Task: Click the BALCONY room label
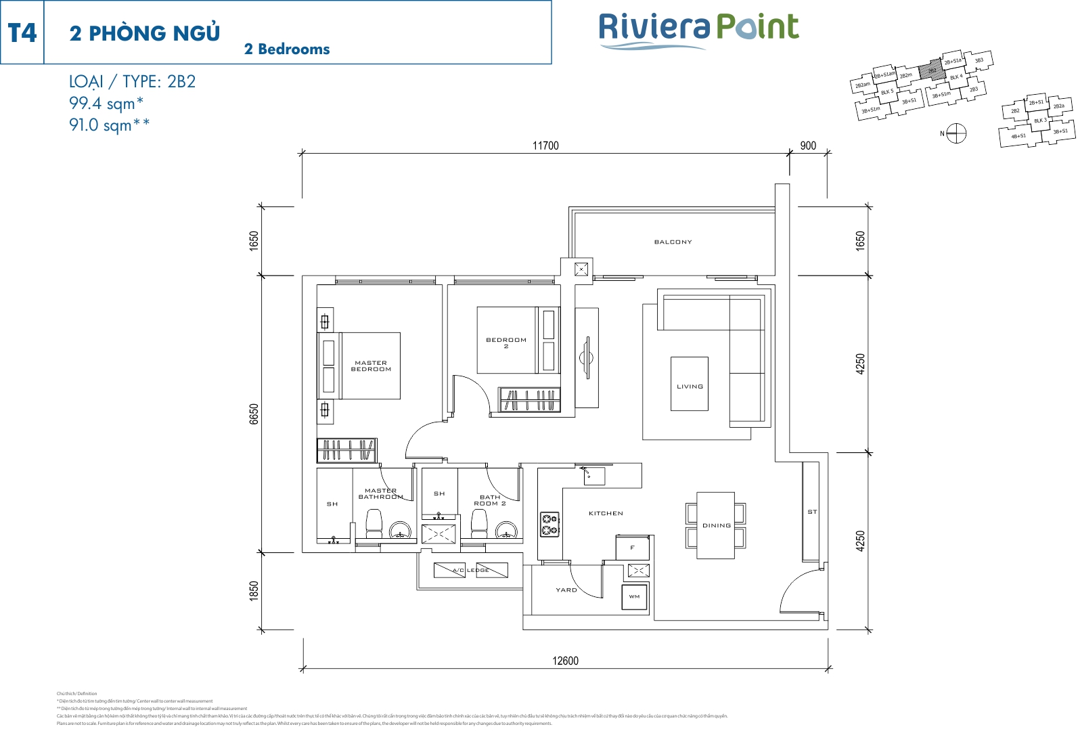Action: [673, 242]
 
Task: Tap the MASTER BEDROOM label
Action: [371, 366]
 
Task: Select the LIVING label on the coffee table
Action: [690, 387]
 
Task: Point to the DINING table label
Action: [716, 525]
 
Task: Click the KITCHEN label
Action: [606, 513]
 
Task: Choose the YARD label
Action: [566, 590]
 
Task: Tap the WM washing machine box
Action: [634, 596]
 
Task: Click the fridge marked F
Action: [632, 548]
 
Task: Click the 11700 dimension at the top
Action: [545, 146]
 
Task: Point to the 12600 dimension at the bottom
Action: [565, 661]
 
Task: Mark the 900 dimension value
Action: [808, 146]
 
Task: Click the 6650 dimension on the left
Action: [254, 414]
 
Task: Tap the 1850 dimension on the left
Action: [254, 591]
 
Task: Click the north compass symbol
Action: [956, 133]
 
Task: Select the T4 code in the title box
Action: [22, 32]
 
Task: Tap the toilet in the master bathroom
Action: [374, 524]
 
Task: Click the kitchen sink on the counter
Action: [593, 476]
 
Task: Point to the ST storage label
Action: [812, 512]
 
